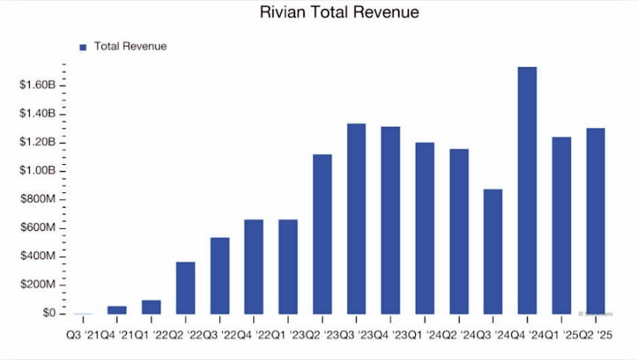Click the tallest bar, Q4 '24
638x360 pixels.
pyautogui.click(x=527, y=190)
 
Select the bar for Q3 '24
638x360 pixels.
pyautogui.click(x=493, y=251)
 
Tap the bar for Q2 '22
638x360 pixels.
pyautogui.click(x=186, y=288)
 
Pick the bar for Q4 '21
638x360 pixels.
pyautogui.click(x=117, y=309)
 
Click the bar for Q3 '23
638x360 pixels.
pyautogui.click(x=356, y=218)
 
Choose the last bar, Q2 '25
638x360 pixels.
pyautogui.click(x=596, y=221)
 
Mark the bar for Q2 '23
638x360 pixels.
pyautogui.click(x=322, y=234)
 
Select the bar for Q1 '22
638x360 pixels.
pyautogui.click(x=151, y=306)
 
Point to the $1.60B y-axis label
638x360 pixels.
pyautogui.click(x=38, y=85)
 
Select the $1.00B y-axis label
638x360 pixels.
pyautogui.click(x=38, y=171)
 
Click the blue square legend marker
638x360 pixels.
pyautogui.click(x=83, y=47)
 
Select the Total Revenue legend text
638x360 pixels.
pyautogui.click(x=130, y=46)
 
